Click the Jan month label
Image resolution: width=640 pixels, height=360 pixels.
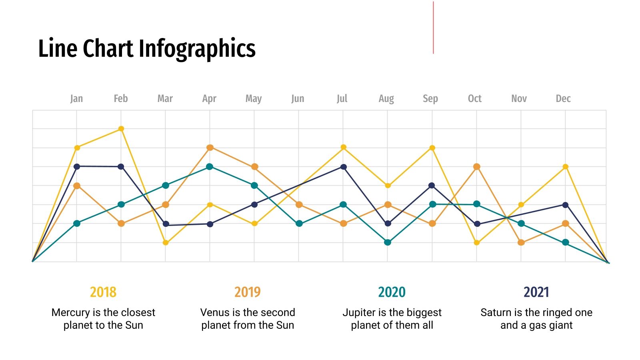point(76,98)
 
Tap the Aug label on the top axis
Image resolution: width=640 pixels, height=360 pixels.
point(386,98)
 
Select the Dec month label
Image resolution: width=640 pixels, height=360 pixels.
point(563,98)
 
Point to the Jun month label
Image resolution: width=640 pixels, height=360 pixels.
point(298,98)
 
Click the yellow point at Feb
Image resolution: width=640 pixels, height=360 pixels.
point(121,129)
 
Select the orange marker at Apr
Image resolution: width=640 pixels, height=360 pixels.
point(210,148)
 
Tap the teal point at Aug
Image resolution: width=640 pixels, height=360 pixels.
point(387,242)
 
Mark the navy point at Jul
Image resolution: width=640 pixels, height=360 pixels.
point(343,167)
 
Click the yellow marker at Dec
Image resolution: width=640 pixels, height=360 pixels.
point(565,167)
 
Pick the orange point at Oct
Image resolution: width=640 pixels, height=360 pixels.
point(476,166)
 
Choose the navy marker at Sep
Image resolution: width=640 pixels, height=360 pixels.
point(432,186)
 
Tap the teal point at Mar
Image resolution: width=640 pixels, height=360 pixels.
point(166,186)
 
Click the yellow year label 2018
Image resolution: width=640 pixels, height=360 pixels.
point(103,292)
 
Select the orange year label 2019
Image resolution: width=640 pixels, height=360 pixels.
point(247,292)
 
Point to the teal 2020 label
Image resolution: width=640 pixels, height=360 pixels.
point(392,292)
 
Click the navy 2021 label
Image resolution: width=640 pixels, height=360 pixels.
point(536,292)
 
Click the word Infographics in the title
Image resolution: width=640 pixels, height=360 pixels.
point(197,49)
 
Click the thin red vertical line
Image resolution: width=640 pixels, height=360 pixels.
point(433,28)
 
